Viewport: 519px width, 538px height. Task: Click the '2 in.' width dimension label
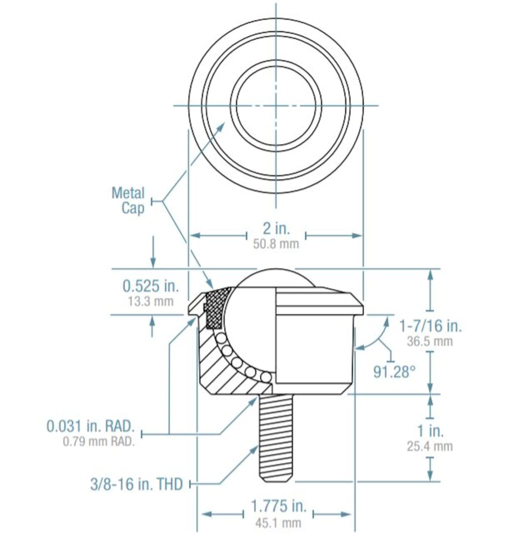coord(276,228)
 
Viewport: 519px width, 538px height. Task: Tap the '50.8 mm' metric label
coord(276,244)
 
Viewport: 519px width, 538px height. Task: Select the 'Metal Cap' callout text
coord(128,201)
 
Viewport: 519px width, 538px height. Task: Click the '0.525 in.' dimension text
coord(151,286)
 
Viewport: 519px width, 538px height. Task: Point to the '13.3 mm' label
coord(151,301)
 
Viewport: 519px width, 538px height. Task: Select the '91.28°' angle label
coord(394,372)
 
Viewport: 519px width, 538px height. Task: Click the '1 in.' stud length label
coord(430,431)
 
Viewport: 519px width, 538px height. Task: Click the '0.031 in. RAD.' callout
coord(91,426)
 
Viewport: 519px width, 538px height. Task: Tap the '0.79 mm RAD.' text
coord(99,441)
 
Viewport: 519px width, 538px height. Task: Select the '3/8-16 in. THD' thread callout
coord(137,484)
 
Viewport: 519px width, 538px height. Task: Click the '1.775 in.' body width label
coord(279,506)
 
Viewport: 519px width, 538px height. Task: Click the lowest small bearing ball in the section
coord(266,377)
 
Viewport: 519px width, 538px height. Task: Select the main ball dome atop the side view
coord(276,278)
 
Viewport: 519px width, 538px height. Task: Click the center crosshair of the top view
coord(276,105)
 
